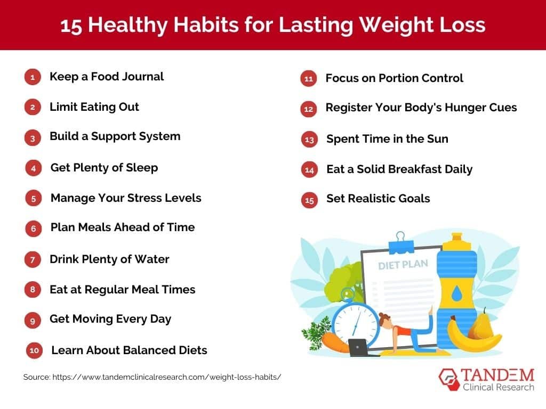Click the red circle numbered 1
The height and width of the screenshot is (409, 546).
pyautogui.click(x=33, y=77)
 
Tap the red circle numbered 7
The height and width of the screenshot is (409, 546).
pyautogui.click(x=33, y=260)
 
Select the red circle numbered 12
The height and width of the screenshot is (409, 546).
pyautogui.click(x=308, y=109)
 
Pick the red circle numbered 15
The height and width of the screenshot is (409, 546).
pyautogui.click(x=309, y=200)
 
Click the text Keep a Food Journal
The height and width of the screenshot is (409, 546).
pyautogui.click(x=107, y=77)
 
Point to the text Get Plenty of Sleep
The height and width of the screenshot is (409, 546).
pyautogui.click(x=104, y=168)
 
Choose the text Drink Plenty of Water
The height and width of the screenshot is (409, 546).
pyautogui.click(x=109, y=259)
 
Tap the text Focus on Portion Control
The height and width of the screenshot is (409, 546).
pyautogui.click(x=394, y=78)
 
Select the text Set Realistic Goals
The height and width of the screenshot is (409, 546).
pyautogui.click(x=378, y=199)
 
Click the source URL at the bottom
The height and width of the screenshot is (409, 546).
pyautogui.click(x=152, y=377)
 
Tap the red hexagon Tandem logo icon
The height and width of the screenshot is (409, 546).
pyautogui.click(x=448, y=379)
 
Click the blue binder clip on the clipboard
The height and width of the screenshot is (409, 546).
pyautogui.click(x=400, y=242)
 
